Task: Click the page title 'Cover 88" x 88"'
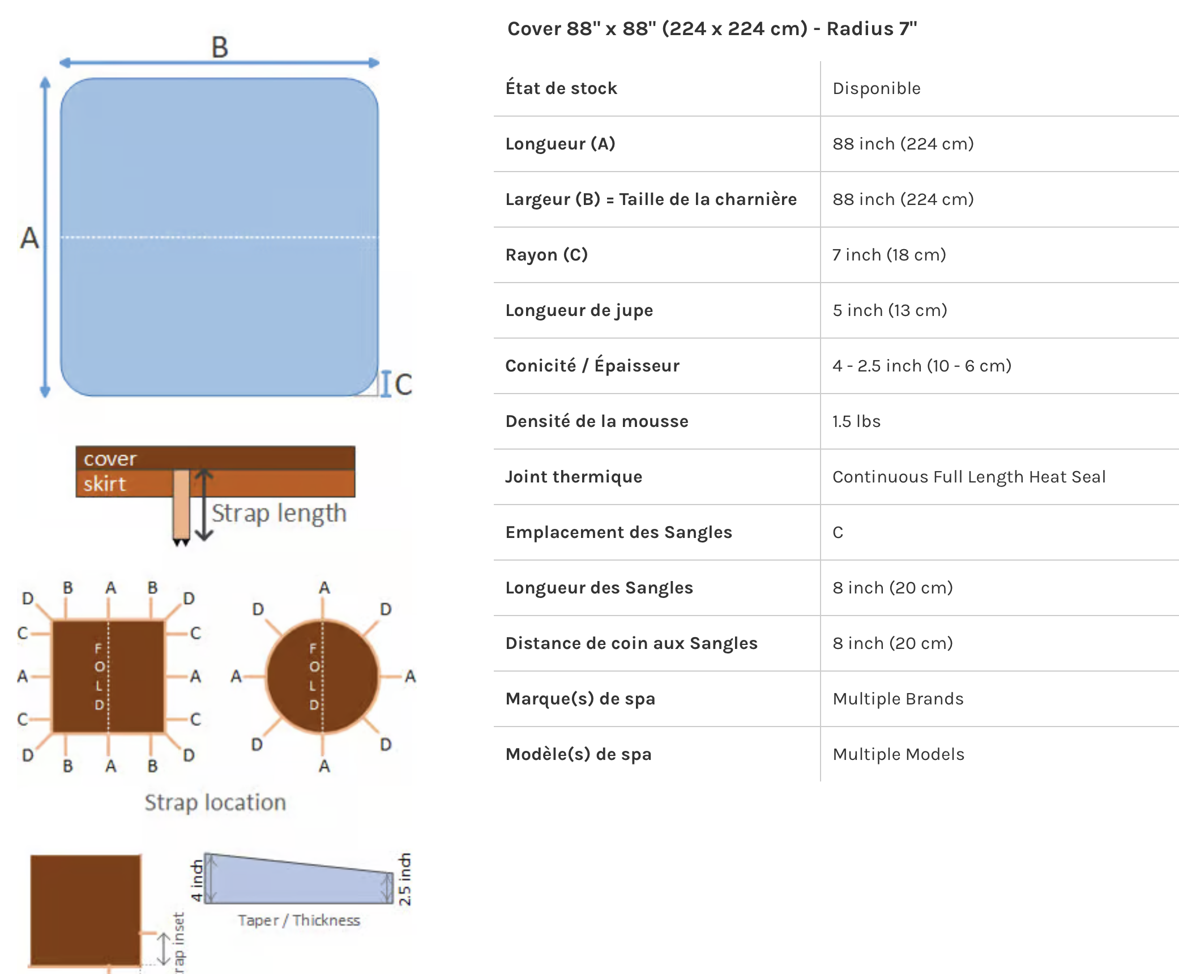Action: [x=712, y=28]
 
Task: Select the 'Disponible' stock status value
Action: [x=876, y=88]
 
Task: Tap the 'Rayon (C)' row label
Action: [x=546, y=255]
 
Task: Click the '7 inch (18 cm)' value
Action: [x=889, y=255]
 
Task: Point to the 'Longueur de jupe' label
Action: [x=579, y=310]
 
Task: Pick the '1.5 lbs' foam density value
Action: [x=856, y=421]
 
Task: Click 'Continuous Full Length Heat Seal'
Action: [x=968, y=477]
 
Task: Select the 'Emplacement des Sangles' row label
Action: [x=618, y=532]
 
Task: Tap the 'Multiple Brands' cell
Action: [x=898, y=699]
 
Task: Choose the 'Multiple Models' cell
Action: [x=898, y=754]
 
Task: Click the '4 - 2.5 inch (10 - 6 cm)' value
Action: [x=921, y=366]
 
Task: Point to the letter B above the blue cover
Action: [x=220, y=47]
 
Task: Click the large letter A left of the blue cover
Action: [x=29, y=238]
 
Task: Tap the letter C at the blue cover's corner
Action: [x=403, y=385]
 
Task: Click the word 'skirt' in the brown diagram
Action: [x=105, y=484]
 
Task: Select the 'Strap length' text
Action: [x=279, y=513]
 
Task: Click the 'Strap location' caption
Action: [x=215, y=802]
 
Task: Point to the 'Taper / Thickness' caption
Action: [x=298, y=920]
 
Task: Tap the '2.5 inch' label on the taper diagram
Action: [x=404, y=879]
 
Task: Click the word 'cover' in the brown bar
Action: [x=110, y=459]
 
